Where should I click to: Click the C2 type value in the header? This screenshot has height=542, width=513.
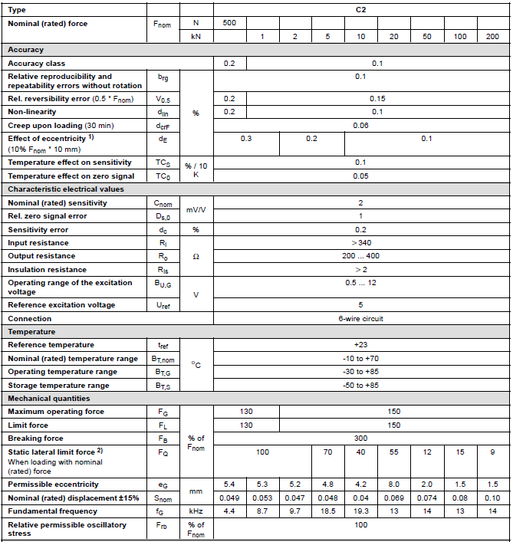coord(361,10)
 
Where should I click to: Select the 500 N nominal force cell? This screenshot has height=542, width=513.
coord(229,23)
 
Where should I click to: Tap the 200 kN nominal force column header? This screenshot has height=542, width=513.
coord(492,37)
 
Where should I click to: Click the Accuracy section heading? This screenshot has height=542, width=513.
coord(26,50)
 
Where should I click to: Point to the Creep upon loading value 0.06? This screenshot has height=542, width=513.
coord(361,125)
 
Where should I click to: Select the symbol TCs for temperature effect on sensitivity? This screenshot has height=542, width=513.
coord(163,163)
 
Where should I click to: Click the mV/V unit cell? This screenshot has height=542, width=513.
coord(196,209)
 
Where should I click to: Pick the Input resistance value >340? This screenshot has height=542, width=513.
coord(361,243)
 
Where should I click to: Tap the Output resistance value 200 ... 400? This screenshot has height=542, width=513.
coord(361,256)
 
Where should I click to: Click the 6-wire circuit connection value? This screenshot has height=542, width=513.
coord(361,318)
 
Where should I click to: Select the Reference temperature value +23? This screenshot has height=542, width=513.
coord(361,345)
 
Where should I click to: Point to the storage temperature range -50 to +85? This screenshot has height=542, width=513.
coord(361,386)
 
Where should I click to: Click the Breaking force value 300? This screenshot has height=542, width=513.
coord(361,439)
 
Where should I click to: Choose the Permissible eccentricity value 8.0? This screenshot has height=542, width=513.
coord(393,485)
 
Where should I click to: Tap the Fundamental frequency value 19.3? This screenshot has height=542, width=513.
coord(360,511)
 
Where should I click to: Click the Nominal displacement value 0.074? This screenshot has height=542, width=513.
coord(426,498)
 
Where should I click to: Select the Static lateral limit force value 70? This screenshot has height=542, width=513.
coord(327,452)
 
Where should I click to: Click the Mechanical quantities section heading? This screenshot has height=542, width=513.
coord(48,399)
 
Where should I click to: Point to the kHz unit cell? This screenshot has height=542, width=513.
coord(196,511)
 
